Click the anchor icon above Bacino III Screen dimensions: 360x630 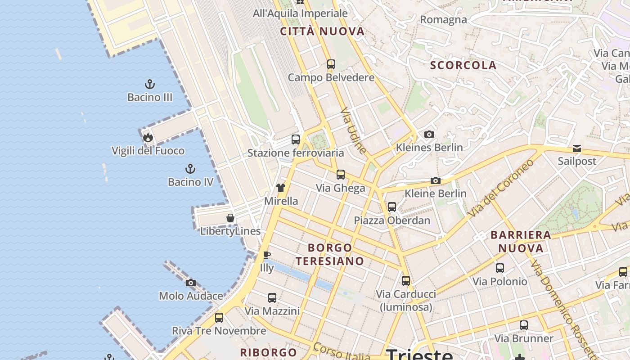pyautogui.click(x=149, y=84)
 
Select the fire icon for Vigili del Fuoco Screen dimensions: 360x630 pyautogui.click(x=148, y=138)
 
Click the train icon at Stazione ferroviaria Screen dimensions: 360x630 pyautogui.click(x=295, y=139)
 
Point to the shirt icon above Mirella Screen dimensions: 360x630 pyautogui.click(x=281, y=187)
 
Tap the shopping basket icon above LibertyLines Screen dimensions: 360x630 pyautogui.click(x=230, y=218)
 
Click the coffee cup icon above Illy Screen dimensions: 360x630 pyautogui.click(x=267, y=255)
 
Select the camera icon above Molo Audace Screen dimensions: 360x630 pyautogui.click(x=191, y=283)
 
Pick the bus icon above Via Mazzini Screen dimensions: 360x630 pyautogui.click(x=272, y=297)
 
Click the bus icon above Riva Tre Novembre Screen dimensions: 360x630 pyautogui.click(x=219, y=318)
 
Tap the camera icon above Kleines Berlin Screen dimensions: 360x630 pyautogui.click(x=429, y=134)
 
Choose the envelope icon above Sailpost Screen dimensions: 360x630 pyautogui.click(x=576, y=148)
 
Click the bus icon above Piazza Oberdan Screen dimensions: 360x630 pyautogui.click(x=392, y=207)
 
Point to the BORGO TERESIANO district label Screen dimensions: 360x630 pyautogui.click(x=330, y=254)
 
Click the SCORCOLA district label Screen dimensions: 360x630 pyautogui.click(x=463, y=65)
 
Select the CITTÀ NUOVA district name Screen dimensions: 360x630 pyautogui.click(x=322, y=31)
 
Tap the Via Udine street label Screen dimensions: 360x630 pyautogui.click(x=353, y=130)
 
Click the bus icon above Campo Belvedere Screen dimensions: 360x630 pyautogui.click(x=331, y=64)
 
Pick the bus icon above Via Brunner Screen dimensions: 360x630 pyautogui.click(x=523, y=325)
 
